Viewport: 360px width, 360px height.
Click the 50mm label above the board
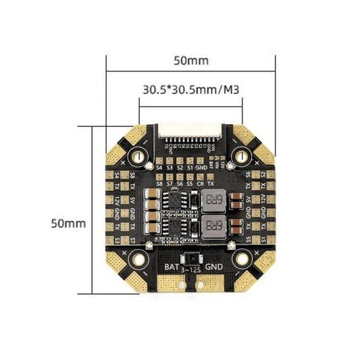point(190,60)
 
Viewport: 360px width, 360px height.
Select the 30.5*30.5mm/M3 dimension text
point(190,88)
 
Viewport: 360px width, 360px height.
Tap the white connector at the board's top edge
point(190,130)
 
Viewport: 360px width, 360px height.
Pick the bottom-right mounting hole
point(242,257)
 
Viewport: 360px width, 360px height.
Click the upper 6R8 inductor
point(213,201)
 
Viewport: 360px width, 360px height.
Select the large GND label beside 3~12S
point(212,267)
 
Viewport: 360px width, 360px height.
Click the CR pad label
point(200,183)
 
